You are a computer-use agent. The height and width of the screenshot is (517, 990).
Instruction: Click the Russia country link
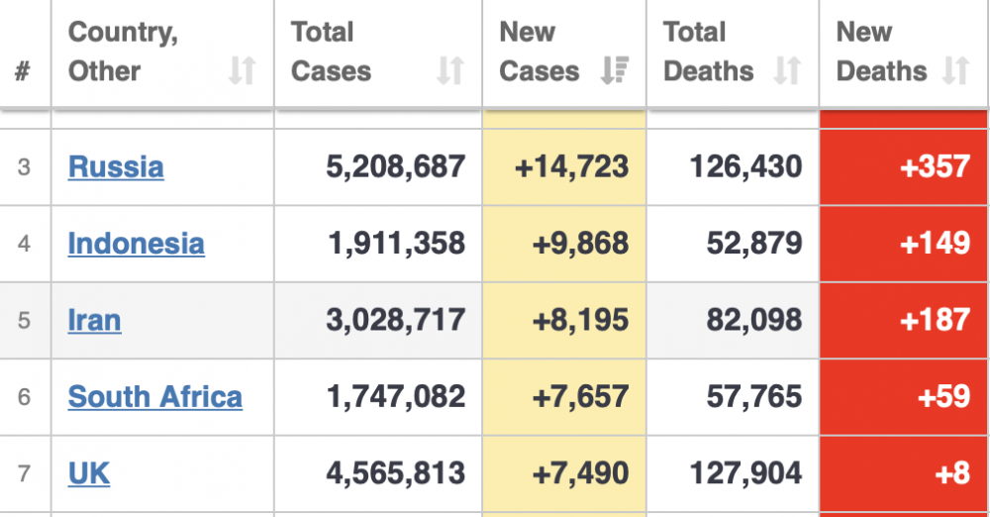(116, 166)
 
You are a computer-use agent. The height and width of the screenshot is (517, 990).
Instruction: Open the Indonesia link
(137, 244)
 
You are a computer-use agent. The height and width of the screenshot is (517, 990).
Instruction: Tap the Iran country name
(95, 321)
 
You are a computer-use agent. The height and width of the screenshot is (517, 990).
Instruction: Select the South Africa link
(155, 397)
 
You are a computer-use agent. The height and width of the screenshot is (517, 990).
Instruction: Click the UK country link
(89, 473)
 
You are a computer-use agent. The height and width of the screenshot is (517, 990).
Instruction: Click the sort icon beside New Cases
(615, 70)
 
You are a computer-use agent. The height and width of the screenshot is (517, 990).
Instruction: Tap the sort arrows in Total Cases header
(450, 70)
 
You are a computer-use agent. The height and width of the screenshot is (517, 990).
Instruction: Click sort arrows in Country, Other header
(242, 70)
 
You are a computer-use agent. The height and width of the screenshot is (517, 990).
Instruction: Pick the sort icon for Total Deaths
(787, 70)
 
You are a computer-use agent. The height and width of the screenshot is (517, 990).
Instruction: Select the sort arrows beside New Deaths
(955, 70)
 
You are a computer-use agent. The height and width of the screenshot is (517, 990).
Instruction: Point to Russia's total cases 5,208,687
(395, 166)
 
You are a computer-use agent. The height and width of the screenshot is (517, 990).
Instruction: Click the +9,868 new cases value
(581, 244)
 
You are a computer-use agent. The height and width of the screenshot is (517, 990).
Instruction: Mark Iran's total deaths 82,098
(754, 321)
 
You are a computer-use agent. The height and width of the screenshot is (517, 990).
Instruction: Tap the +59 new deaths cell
(943, 397)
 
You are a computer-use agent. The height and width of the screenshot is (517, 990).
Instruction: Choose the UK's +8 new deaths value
(952, 473)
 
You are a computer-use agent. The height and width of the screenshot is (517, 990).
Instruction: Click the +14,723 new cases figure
(572, 166)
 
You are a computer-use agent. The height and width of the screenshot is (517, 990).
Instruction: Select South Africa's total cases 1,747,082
(396, 397)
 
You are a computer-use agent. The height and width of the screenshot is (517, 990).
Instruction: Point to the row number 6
(24, 397)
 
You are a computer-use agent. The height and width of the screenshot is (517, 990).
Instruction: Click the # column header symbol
(23, 70)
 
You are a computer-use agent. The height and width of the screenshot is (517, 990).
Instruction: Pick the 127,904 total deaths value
(746, 473)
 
